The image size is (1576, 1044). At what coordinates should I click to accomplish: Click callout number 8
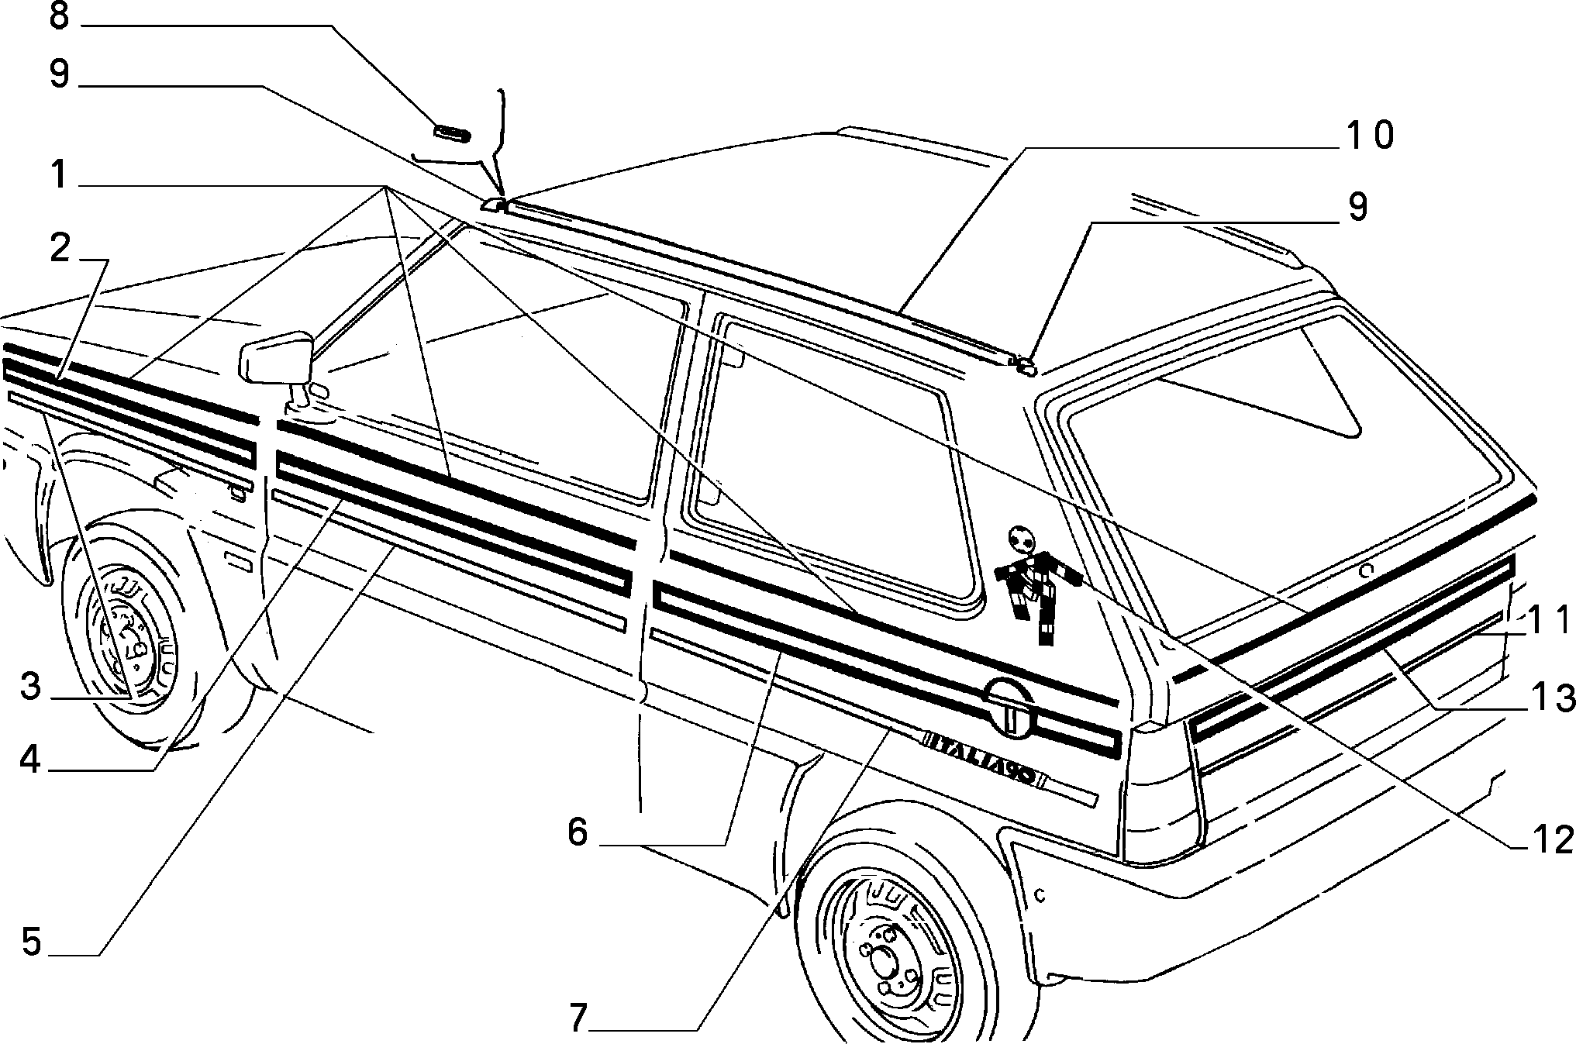click(x=59, y=17)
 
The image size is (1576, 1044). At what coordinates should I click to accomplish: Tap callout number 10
click(x=1369, y=135)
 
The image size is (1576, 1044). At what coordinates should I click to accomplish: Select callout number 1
click(x=59, y=176)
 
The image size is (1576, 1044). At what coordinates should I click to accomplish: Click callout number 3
click(x=30, y=686)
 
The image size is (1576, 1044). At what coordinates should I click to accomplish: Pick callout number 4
click(x=30, y=760)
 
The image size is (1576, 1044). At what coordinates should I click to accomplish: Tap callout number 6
click(x=578, y=833)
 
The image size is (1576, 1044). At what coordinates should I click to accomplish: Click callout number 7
click(x=578, y=1018)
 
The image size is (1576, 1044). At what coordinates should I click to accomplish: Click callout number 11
click(x=1550, y=620)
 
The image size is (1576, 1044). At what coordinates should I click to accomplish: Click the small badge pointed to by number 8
click(x=452, y=133)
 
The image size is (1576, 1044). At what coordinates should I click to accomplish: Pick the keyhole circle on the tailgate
click(x=1366, y=570)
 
